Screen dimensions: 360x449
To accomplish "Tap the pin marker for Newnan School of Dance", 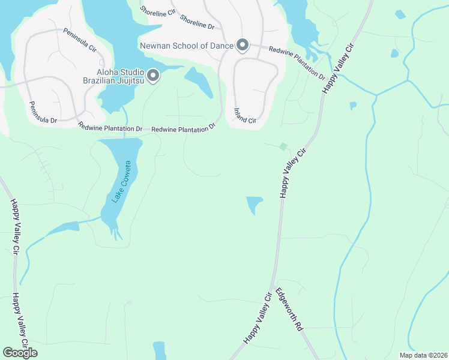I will [x=242, y=45].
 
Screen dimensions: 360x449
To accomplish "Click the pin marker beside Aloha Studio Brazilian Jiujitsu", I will [x=153, y=76].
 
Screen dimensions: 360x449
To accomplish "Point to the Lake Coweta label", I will [x=119, y=182].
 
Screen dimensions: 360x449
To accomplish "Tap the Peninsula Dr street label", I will [x=43, y=112].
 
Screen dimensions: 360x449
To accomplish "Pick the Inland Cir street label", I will [x=245, y=116].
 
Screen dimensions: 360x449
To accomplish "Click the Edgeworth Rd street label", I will [x=289, y=311].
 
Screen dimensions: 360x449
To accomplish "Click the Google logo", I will [x=20, y=353].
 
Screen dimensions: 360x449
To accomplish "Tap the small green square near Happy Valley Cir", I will [x=283, y=146].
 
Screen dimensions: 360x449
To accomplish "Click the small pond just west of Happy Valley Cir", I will [x=255, y=204].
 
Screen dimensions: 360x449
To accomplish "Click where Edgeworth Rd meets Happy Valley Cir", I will [x=273, y=286].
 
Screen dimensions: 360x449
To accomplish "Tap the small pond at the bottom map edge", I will [x=159, y=350].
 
